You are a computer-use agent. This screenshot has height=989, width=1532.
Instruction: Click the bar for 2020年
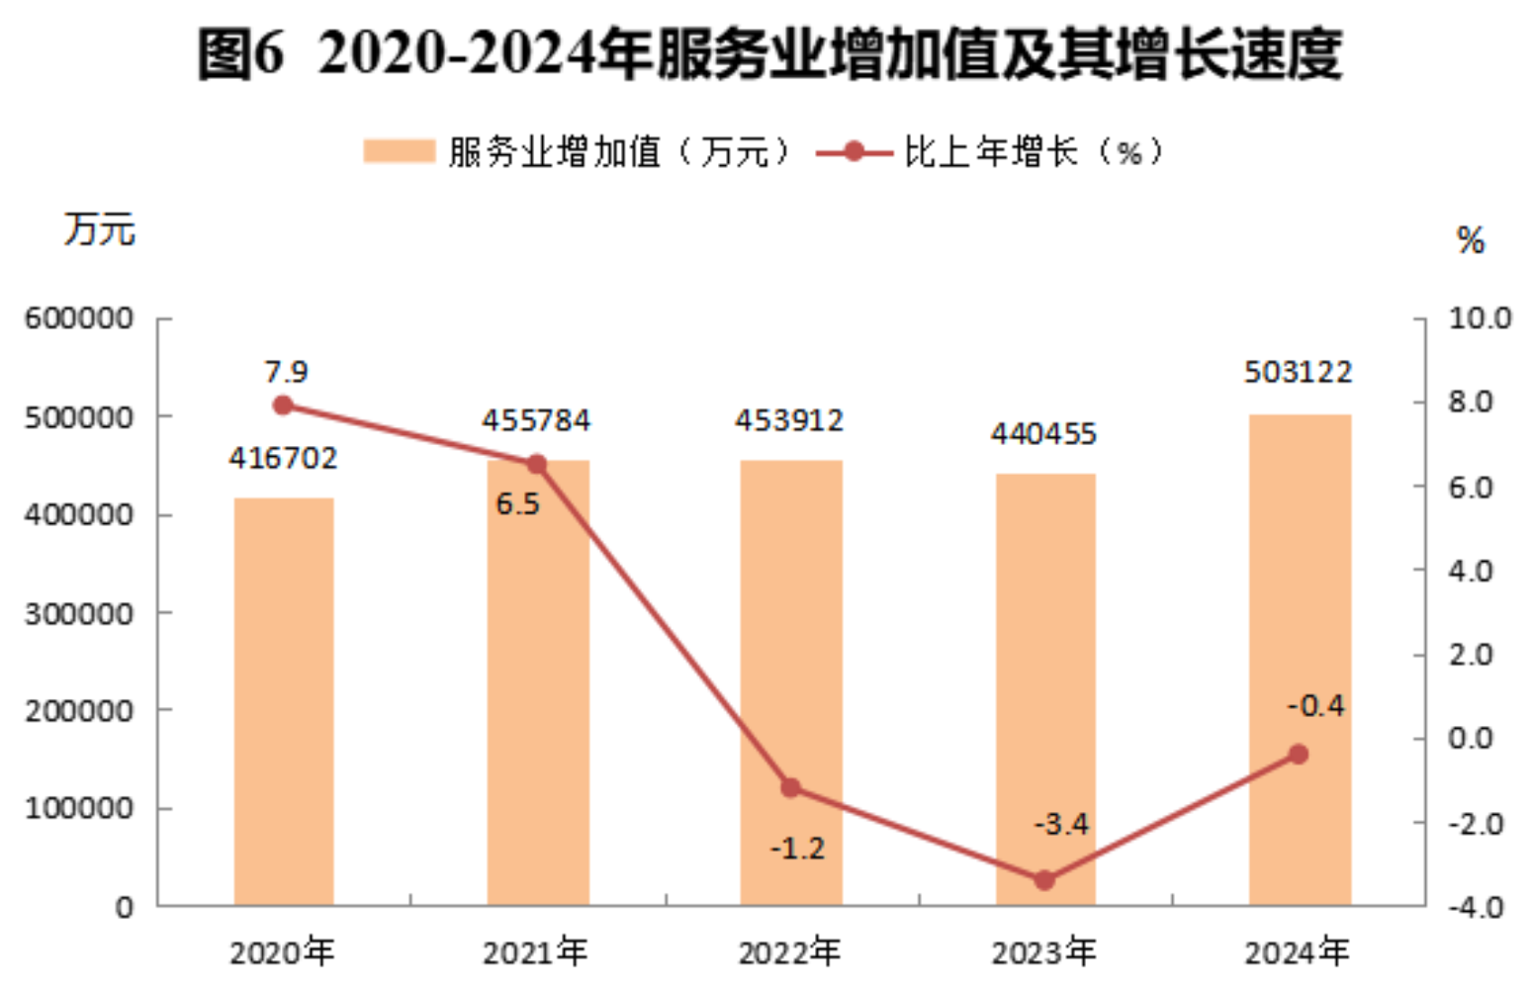[284, 701]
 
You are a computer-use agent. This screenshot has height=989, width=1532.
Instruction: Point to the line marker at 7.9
[283, 405]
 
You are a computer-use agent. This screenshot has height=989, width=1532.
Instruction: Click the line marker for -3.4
[1044, 879]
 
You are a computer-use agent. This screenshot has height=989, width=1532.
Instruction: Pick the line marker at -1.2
[791, 787]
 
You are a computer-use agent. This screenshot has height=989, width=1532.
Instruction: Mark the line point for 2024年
[1299, 754]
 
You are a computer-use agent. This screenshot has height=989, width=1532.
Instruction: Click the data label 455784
[536, 420]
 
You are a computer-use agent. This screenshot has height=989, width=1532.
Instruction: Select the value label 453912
[789, 420]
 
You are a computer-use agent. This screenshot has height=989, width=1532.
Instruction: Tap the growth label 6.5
[517, 504]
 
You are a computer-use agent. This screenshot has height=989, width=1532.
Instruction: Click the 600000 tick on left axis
[79, 318]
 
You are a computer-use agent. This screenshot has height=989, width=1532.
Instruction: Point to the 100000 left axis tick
[79, 808]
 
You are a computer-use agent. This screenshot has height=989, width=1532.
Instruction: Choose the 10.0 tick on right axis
[1480, 318]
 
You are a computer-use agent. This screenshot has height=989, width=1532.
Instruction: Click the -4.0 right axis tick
[1476, 906]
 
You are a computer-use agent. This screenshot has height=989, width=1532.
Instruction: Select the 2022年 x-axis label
[789, 952]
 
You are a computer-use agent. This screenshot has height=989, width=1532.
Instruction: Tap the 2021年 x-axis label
[535, 952]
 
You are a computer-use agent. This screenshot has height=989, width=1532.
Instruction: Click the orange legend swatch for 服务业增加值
[399, 151]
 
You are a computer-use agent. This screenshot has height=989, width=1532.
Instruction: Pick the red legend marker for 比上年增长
[854, 151]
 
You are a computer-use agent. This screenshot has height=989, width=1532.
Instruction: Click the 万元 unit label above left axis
[99, 229]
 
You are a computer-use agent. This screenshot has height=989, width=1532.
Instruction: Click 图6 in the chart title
[240, 53]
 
